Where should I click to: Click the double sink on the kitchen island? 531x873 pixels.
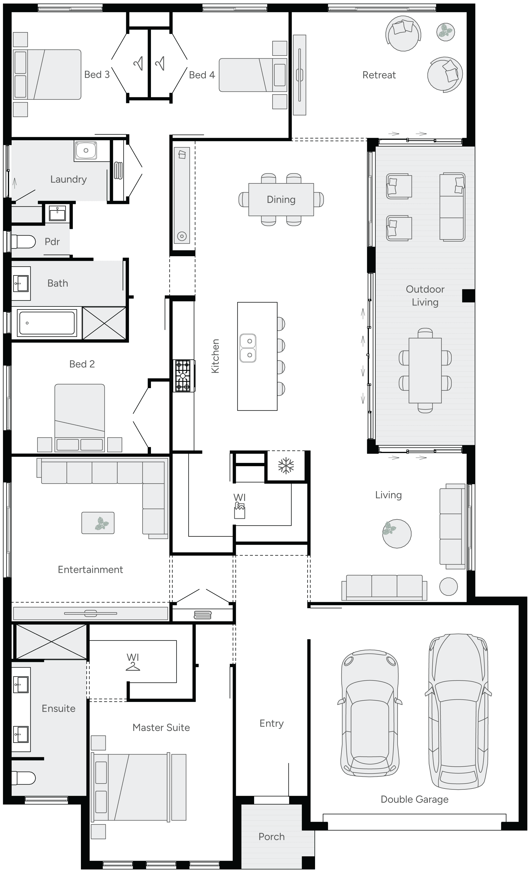(248, 348)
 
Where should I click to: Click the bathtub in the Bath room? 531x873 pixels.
(47, 323)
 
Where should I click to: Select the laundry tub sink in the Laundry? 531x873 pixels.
(85, 150)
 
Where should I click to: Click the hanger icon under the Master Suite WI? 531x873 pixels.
(133, 667)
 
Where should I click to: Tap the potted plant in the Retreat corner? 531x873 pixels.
(445, 32)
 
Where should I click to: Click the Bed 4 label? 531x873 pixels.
(202, 75)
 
